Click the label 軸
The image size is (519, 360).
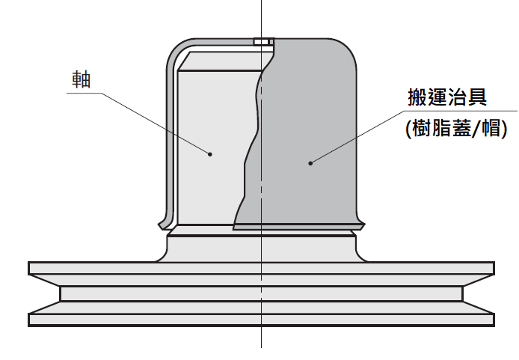pyautogui.click(x=81, y=80)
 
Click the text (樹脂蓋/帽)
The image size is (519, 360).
pyautogui.click(x=456, y=128)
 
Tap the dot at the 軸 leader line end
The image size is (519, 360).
pyautogui.click(x=210, y=154)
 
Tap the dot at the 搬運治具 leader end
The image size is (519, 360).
pyautogui.click(x=310, y=162)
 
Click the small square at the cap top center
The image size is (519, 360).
pyautogui.click(x=261, y=42)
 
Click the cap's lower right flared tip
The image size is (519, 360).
pyautogui.click(x=360, y=223)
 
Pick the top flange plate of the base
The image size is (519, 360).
pyautogui.click(x=261, y=268)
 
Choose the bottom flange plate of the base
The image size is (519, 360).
pyautogui.click(x=261, y=320)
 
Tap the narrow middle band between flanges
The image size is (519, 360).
pyautogui.click(x=261, y=294)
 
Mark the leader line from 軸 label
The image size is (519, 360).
pyautogui.click(x=150, y=120)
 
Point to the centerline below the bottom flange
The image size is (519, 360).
pyautogui.click(x=261, y=338)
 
